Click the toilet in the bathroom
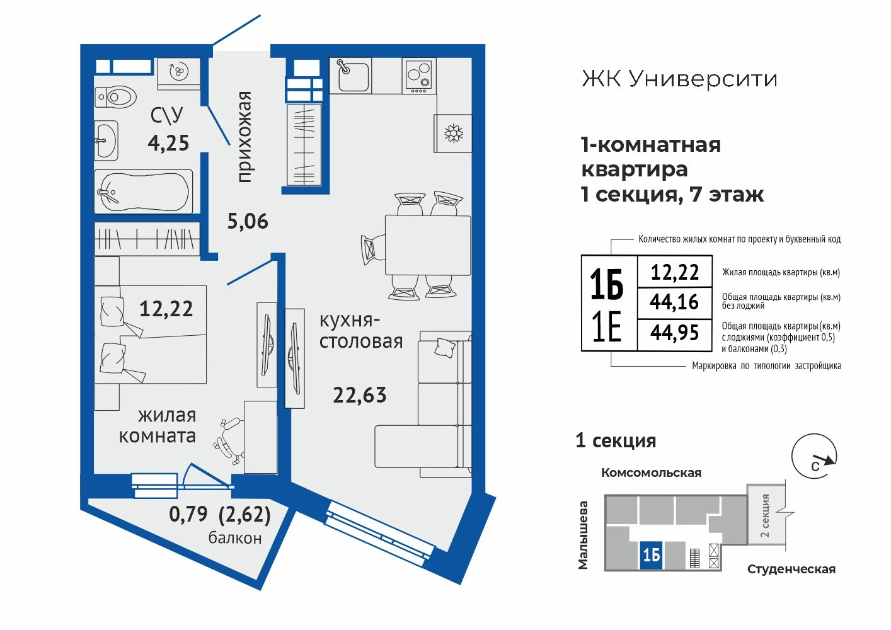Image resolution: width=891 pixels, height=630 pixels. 115,96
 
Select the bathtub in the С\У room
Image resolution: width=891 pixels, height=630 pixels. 144,192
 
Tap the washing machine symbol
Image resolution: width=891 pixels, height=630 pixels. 178,74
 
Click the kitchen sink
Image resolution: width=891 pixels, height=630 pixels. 350,76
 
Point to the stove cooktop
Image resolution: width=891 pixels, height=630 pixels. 419,76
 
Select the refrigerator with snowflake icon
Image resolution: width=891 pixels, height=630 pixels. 453,133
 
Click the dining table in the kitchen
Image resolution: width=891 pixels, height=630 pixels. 428,245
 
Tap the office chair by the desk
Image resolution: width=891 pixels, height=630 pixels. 229,440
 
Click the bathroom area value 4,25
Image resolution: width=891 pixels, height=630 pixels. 168,143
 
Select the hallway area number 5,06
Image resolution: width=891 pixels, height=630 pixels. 248,221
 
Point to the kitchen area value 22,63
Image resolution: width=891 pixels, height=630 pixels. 360,395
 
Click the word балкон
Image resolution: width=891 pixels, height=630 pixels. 235,538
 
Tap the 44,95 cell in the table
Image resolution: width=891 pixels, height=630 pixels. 675,333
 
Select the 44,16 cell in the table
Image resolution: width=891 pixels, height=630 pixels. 675,302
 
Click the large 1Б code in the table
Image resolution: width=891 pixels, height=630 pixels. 607,284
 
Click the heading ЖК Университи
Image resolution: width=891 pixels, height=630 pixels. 679,79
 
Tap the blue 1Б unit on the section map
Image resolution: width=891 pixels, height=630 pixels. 652,555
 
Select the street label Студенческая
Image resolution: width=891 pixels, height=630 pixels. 791,569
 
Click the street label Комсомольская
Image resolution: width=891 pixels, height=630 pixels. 651,472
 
